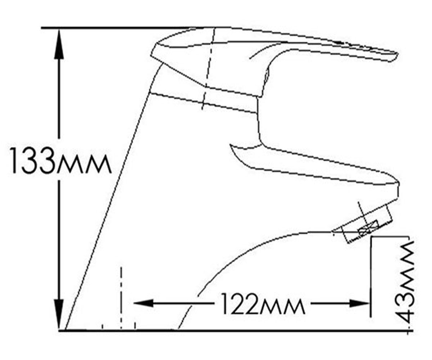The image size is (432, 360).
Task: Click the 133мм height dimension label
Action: pos(60,161)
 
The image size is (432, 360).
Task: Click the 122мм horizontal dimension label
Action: pos(263,303)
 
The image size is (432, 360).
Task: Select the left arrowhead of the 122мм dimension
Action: pos(143,303)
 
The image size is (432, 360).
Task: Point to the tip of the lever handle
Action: pos(397,55)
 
